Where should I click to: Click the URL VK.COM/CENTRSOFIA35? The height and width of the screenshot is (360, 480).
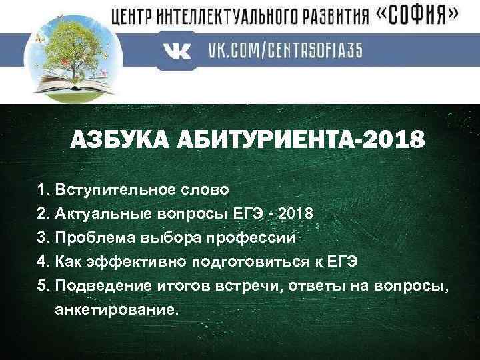(285, 52)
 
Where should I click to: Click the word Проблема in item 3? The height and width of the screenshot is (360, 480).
(90, 237)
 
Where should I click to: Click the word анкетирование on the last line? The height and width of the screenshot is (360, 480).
(117, 309)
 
